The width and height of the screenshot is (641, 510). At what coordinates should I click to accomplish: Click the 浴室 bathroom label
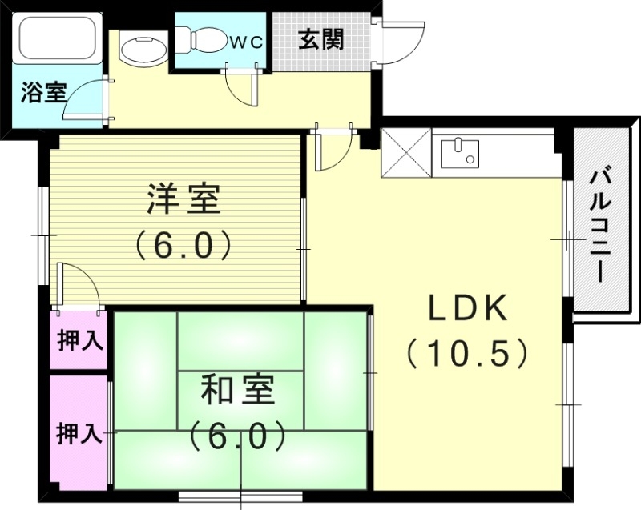43,92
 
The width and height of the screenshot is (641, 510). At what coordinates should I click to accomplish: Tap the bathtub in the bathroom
56,38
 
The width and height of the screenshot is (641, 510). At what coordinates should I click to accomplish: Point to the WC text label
248,43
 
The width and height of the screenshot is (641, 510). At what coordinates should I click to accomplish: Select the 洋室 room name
183,199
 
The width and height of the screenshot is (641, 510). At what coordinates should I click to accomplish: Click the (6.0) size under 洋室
183,243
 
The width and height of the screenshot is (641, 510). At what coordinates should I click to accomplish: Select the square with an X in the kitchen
407,152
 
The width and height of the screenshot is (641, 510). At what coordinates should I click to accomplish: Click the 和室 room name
237,392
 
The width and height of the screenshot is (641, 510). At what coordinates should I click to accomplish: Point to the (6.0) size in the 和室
238,436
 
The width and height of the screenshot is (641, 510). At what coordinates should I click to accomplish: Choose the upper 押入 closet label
79,341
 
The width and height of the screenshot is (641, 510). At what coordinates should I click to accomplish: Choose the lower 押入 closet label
79,434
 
